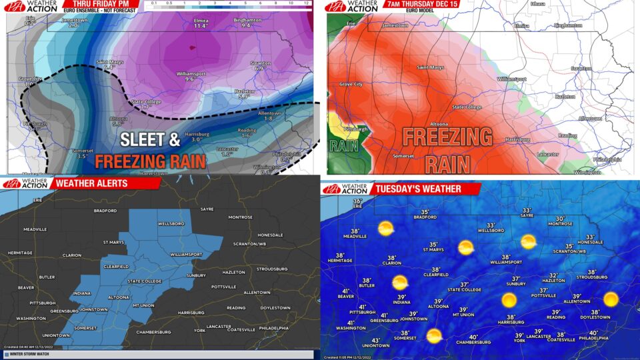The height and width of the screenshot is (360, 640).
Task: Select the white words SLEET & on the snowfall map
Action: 150,141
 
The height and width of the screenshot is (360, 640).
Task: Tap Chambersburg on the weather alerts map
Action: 154,331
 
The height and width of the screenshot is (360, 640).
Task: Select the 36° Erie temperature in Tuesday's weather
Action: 358,202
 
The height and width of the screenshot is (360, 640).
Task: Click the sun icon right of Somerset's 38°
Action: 434,336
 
